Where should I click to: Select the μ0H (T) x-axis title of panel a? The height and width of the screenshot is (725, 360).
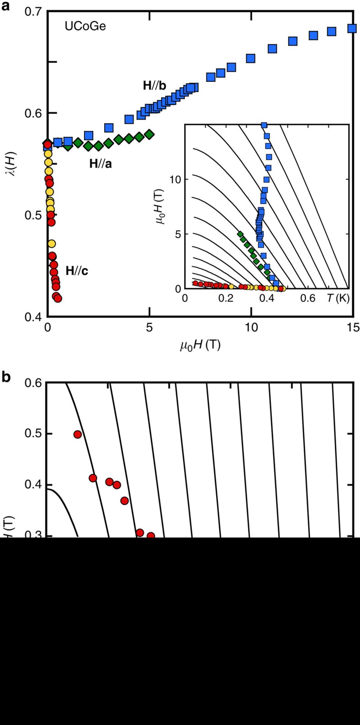pos(200,346)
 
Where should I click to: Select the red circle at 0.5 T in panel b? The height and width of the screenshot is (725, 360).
pos(78,434)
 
